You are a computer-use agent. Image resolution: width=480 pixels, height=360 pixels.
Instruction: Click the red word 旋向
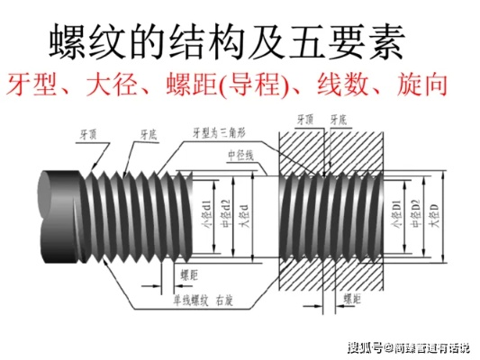422,87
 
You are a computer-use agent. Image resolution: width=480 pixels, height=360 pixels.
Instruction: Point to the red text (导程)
250,87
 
